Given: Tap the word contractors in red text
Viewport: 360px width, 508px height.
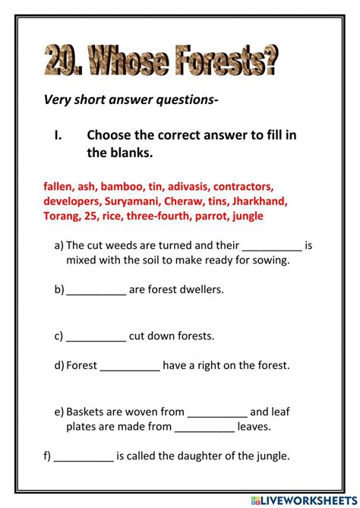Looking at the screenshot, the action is pos(243,185).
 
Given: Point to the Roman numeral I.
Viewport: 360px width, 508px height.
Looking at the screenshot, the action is pos(58,135).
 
